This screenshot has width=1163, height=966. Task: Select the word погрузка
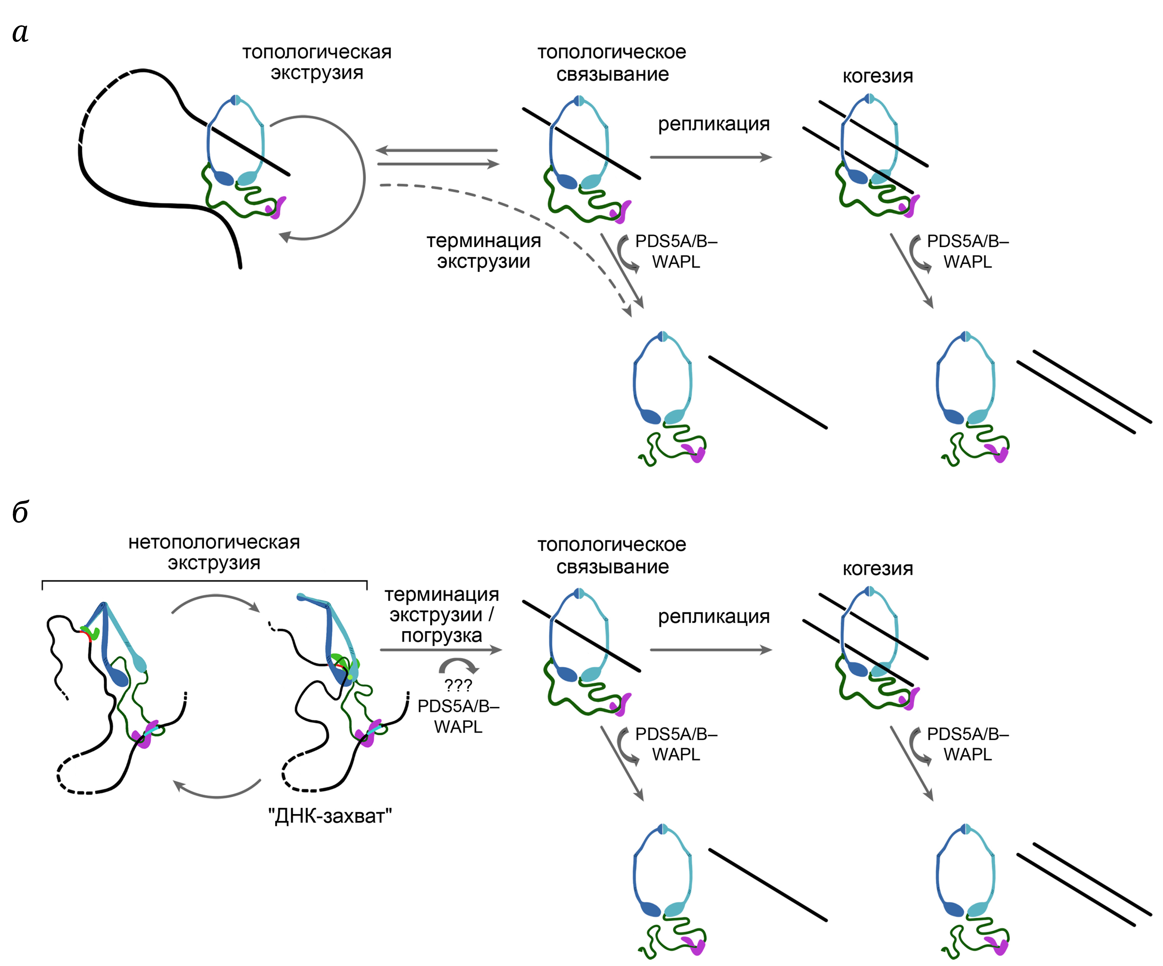point(441,635)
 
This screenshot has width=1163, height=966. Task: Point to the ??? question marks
point(458,686)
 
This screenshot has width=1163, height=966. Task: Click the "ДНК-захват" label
point(330,816)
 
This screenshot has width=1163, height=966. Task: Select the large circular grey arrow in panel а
point(363,177)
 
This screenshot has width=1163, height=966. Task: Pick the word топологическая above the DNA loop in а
point(317,52)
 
